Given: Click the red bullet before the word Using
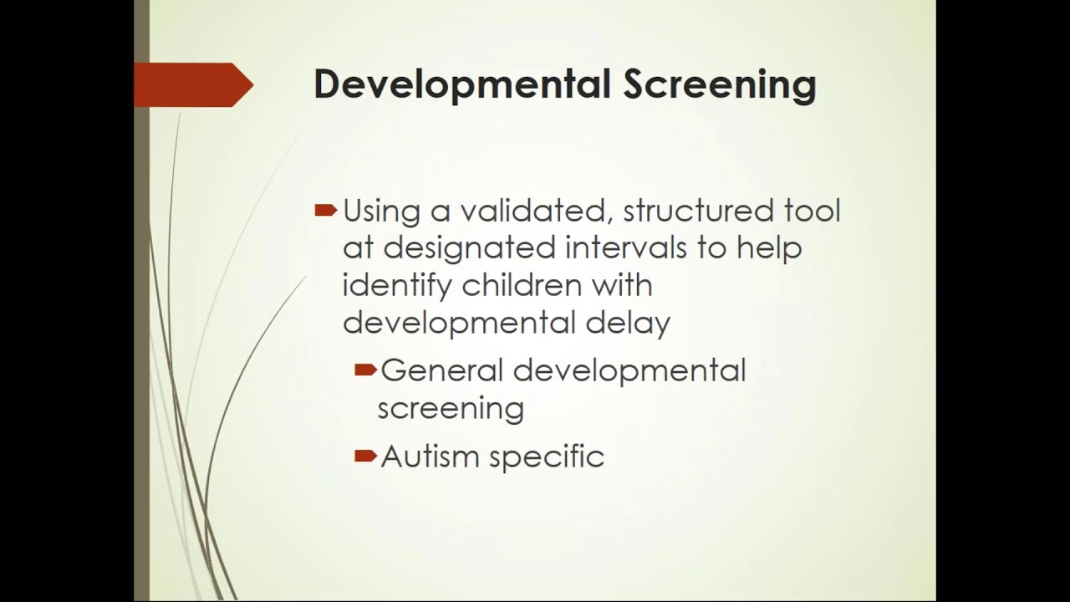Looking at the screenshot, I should pyautogui.click(x=325, y=211).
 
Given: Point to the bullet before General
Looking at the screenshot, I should pyautogui.click(x=365, y=370).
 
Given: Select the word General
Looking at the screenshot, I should pyautogui.click(x=442, y=370).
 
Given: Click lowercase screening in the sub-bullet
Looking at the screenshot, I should pyautogui.click(x=451, y=409).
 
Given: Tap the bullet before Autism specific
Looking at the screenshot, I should pyautogui.click(x=365, y=456).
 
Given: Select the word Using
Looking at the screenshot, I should pyautogui.click(x=381, y=212).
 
